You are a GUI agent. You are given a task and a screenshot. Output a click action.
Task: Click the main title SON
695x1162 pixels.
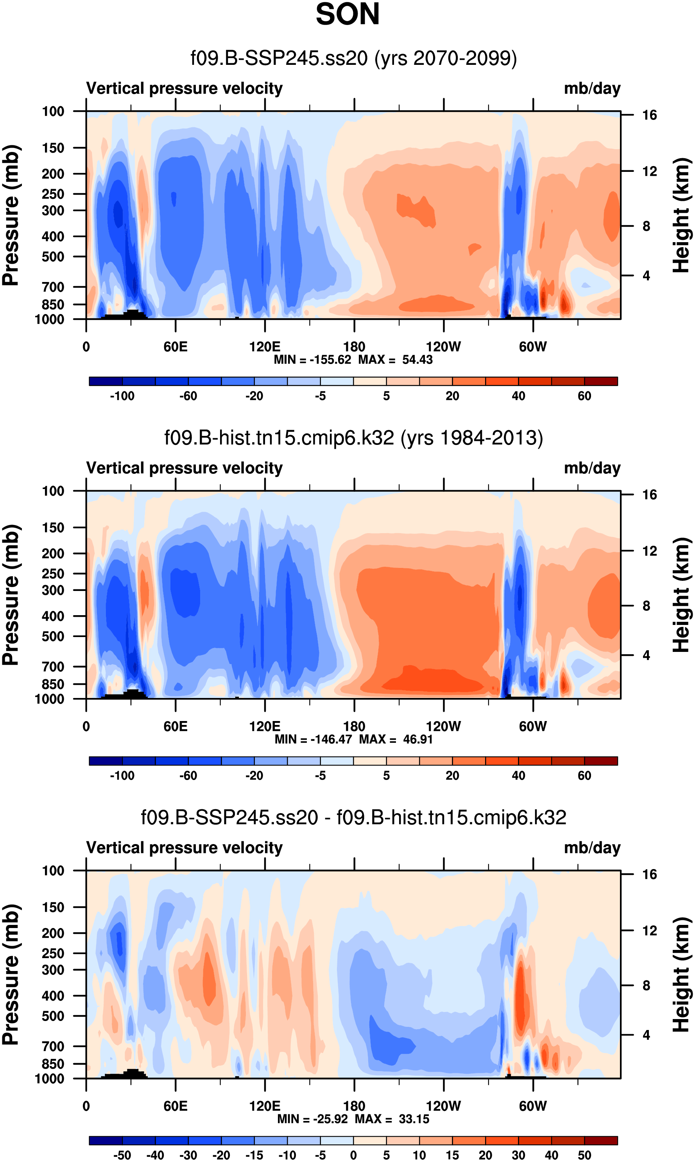pyautogui.click(x=347, y=14)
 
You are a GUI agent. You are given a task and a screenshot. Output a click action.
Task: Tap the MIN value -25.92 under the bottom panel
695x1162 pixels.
pyautogui.click(x=331, y=1119)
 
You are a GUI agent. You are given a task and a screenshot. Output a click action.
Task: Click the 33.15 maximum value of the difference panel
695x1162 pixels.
pyautogui.click(x=414, y=1119)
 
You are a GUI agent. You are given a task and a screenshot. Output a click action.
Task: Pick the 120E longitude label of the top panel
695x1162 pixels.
pyautogui.click(x=265, y=347)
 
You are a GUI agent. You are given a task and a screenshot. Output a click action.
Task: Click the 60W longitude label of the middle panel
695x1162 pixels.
pyautogui.click(x=533, y=726)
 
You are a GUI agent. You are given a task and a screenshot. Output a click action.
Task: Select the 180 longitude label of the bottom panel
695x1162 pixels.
pyautogui.click(x=354, y=1106)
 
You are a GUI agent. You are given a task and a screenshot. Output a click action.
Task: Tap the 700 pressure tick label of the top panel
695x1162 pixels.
pyautogui.click(x=53, y=287)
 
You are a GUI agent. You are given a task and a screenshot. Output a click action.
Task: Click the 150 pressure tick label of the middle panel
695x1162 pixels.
pyautogui.click(x=53, y=527)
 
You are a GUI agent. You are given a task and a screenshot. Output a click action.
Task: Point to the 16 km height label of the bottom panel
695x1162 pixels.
pyautogui.click(x=649, y=874)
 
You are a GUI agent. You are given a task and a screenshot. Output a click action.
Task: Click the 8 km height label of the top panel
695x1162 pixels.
pyautogui.click(x=646, y=227)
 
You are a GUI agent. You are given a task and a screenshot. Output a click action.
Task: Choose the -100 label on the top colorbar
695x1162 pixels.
pyautogui.click(x=122, y=396)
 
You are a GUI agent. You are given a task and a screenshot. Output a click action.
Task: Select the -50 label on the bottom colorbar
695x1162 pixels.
pyautogui.click(x=122, y=1155)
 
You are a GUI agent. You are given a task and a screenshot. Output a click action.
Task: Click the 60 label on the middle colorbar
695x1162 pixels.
pyautogui.click(x=584, y=775)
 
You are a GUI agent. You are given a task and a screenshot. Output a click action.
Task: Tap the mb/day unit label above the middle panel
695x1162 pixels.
pyautogui.click(x=592, y=468)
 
